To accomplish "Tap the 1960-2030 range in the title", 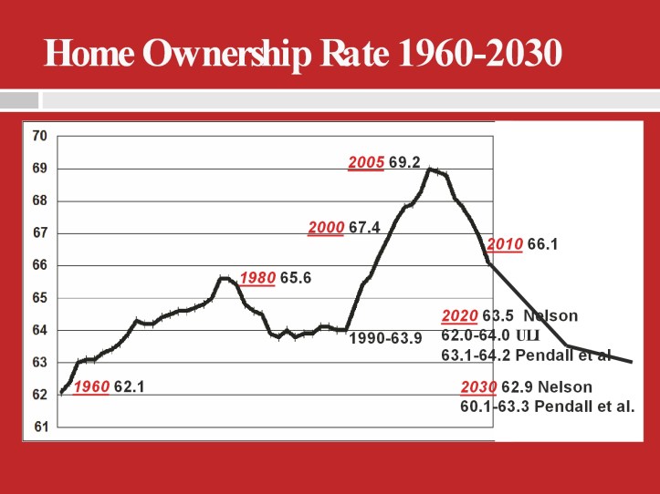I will tap(477, 53).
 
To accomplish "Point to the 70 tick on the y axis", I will tap(39, 137).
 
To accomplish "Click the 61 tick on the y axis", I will tap(39, 427).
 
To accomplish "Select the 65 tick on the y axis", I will tap(39, 298).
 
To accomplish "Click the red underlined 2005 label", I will tap(366, 163).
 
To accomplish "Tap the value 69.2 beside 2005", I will tap(404, 163).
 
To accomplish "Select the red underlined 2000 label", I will tap(326, 228).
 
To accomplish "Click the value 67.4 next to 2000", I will tap(364, 228).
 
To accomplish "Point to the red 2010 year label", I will tap(505, 244).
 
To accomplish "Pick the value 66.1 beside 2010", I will tap(542, 244).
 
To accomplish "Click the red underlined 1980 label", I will tap(257, 277).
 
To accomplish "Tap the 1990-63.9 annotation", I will tap(385, 339).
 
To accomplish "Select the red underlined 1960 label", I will tap(91, 386).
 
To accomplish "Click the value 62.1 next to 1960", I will tap(130, 386).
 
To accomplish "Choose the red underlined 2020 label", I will tap(459, 316).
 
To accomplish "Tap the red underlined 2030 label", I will tap(478, 387).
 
